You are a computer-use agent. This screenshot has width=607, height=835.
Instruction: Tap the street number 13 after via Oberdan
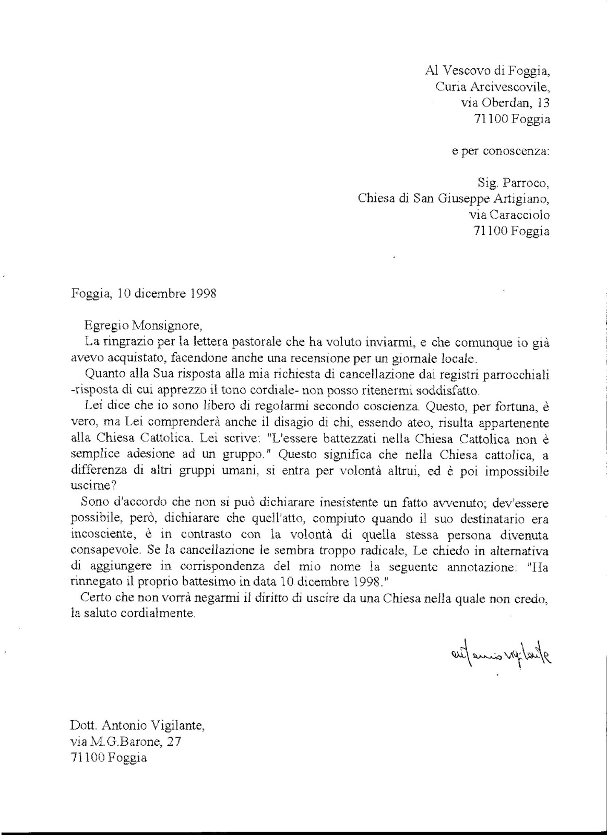542,103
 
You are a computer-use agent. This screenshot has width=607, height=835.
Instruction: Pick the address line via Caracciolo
509,214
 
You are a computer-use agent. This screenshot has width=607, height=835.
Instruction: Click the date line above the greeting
144,293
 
